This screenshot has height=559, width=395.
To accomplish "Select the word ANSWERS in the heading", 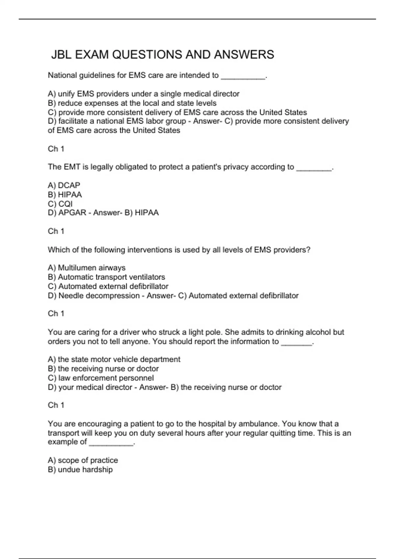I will [x=244, y=55].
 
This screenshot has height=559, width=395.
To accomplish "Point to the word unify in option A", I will [x=66, y=94].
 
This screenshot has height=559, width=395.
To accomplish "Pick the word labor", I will [x=154, y=121].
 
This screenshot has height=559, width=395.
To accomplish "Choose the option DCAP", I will [x=69, y=185].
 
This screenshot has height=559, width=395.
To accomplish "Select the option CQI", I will [x=65, y=204].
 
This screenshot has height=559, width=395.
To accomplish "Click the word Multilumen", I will [x=76, y=268].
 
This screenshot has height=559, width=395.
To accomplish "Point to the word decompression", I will [x=99, y=296].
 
